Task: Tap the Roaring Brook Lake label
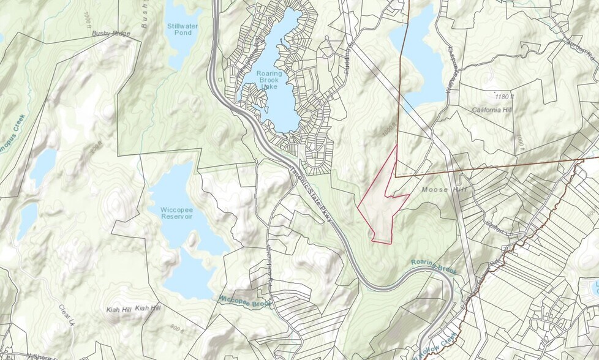[x=269, y=80]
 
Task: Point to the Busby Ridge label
[x=111, y=33]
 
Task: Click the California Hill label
[x=492, y=110]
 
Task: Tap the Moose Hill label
[x=444, y=190]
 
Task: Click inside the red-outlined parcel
[x=380, y=202]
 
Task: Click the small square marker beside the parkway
[x=220, y=79]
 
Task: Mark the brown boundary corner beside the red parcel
[x=396, y=177]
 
